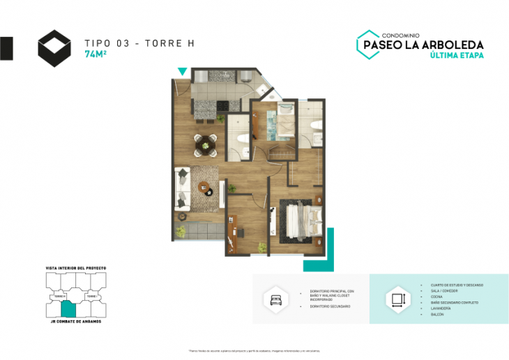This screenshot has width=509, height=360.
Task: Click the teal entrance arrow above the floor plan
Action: [182, 71]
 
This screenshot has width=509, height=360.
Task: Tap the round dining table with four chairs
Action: [205, 145]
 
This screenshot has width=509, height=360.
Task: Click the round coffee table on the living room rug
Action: [204, 186]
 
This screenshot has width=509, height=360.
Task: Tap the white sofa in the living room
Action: [182, 186]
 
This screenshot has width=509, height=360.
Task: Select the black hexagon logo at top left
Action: [54, 47]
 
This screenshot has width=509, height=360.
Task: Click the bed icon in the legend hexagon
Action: [273, 299]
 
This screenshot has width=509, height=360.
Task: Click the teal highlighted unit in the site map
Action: [68, 308]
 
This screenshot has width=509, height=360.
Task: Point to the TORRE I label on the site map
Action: [90, 297]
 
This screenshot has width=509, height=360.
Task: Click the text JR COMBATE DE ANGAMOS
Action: [76, 321]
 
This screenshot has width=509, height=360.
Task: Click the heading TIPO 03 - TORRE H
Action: [139, 43]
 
